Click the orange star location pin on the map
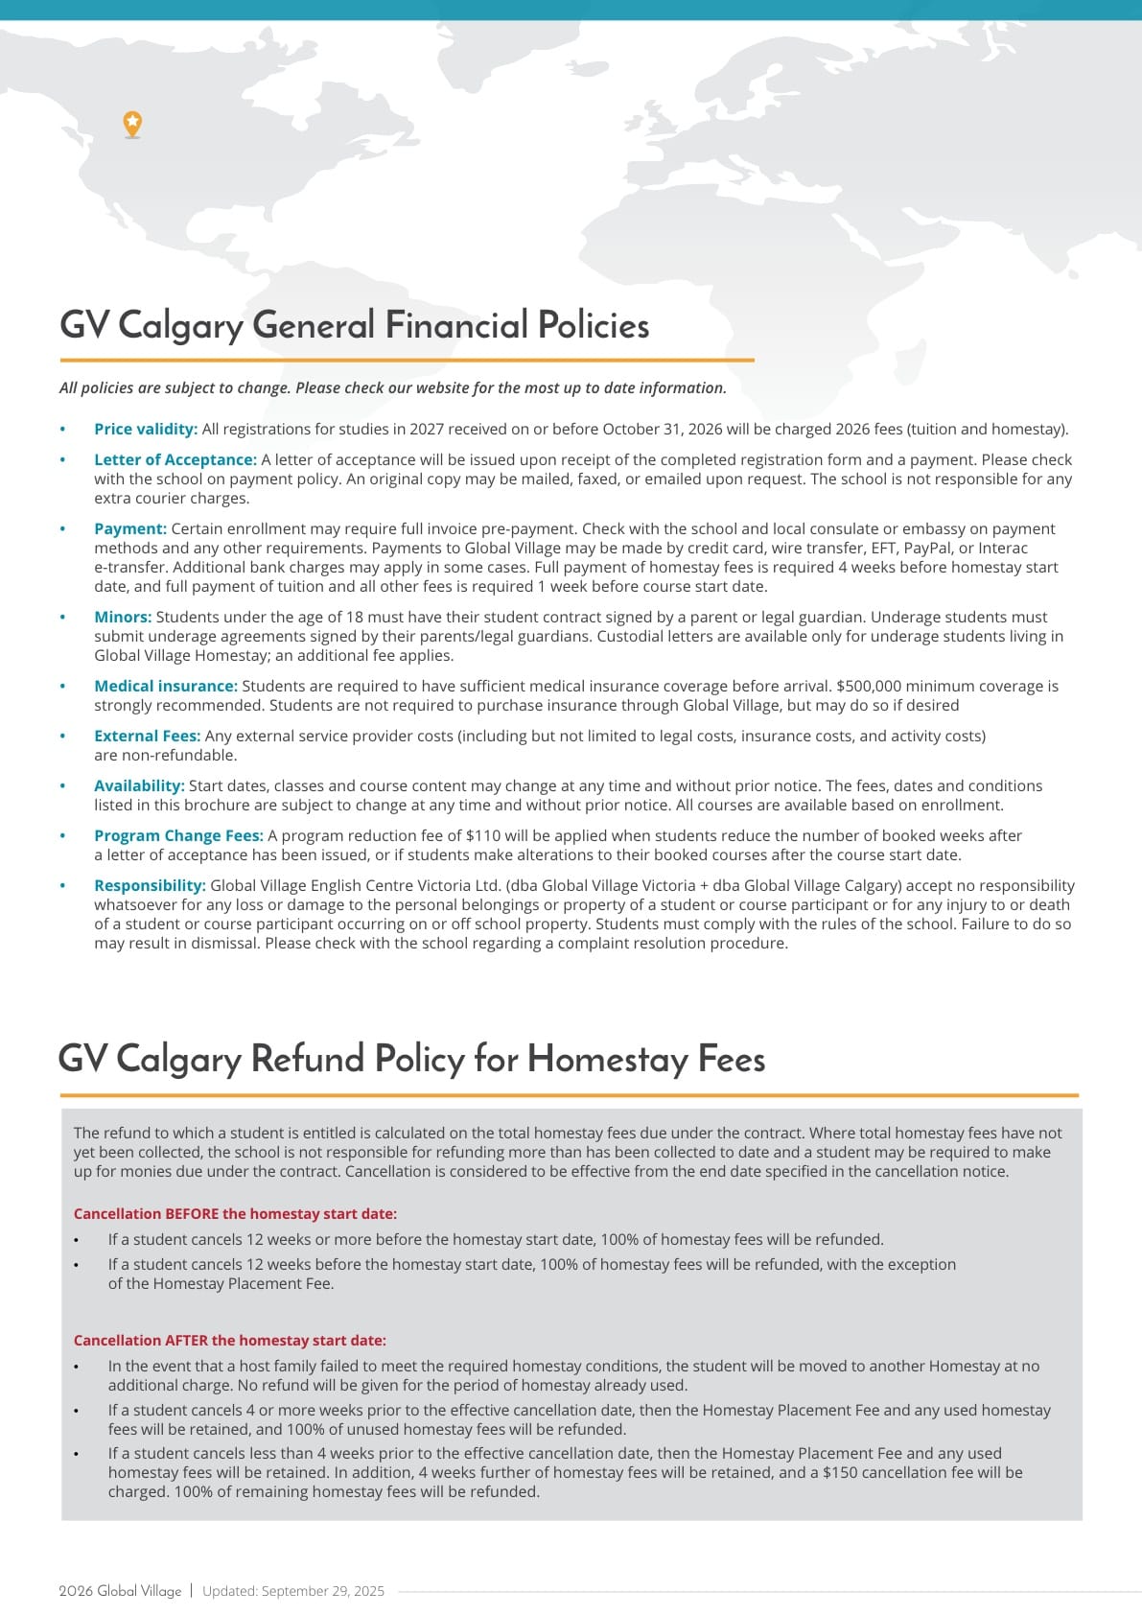(132, 123)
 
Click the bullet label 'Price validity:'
(146, 429)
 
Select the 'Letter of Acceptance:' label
(175, 459)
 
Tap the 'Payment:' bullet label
(130, 528)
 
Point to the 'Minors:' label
(123, 617)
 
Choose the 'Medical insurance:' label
(166, 686)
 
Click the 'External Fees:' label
(148, 736)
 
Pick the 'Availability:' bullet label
(139, 785)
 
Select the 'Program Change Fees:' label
(178, 835)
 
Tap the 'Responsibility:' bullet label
(150, 885)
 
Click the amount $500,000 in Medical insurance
(868, 686)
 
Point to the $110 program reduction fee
(483, 835)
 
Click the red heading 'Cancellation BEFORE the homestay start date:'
(235, 1213)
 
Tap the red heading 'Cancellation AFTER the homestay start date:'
(230, 1340)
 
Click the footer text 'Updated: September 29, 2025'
(293, 1591)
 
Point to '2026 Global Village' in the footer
(120, 1591)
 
